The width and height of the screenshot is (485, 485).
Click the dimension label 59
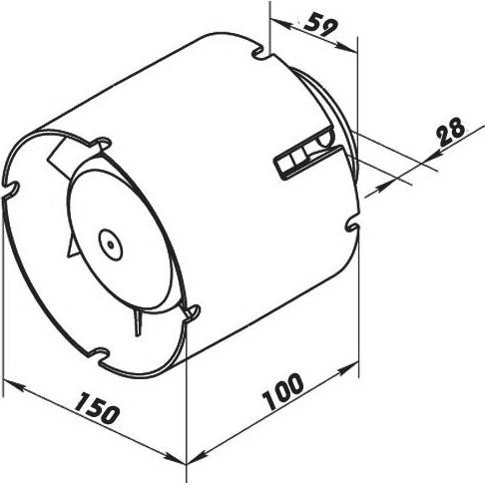[320, 24]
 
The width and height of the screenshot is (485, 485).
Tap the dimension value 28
[450, 131]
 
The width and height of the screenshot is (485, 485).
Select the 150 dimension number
[97, 408]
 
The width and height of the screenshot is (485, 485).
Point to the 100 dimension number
[283, 391]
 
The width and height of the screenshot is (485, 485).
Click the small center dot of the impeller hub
[111, 244]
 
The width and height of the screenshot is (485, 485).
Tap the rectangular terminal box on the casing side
[307, 162]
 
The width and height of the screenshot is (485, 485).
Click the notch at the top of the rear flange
[259, 54]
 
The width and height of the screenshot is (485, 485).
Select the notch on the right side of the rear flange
[352, 227]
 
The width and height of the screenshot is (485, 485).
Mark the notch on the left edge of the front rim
[11, 189]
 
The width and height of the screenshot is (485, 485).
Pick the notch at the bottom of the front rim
[99, 355]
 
